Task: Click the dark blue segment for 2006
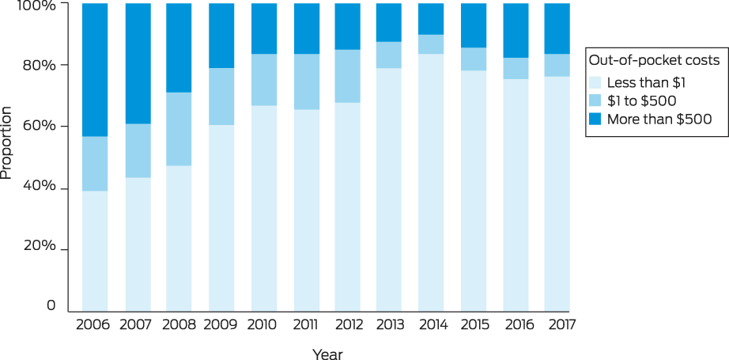[95, 70]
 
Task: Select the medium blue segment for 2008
[179, 129]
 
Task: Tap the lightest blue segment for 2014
[430, 183]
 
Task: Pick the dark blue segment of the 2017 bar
[557, 28]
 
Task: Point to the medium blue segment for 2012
[347, 76]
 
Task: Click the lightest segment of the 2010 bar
[264, 209]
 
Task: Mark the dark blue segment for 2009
[221, 36]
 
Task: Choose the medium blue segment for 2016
[516, 69]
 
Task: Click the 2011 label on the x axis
[306, 324]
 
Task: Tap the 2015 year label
[474, 324]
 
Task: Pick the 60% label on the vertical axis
[40, 127]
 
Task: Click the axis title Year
[327, 354]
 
